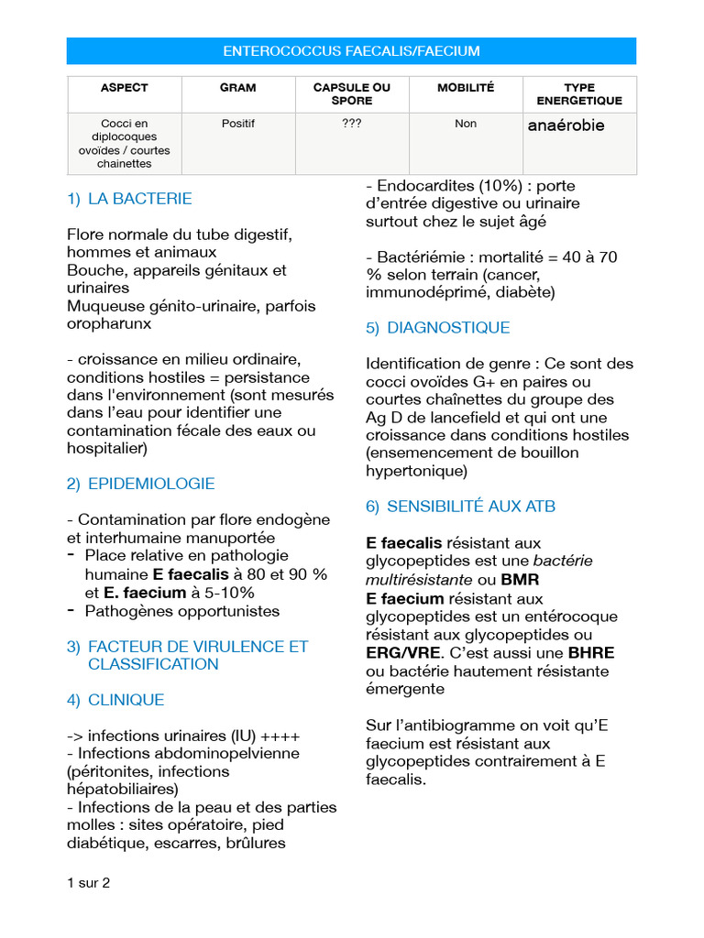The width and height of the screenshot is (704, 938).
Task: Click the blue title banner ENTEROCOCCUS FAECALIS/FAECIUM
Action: [351, 51]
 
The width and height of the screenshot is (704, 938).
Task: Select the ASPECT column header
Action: [124, 88]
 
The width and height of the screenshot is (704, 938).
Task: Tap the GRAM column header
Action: [238, 88]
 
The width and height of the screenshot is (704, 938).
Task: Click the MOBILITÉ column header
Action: [465, 88]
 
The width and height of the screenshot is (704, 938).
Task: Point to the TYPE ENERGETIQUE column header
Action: [578, 94]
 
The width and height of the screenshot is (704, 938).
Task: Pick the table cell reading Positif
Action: [238, 124]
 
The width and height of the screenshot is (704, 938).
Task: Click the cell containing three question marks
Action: [351, 124]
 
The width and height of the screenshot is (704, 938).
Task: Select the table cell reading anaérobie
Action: [566, 125]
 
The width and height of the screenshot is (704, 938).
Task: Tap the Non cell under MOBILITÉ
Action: [465, 124]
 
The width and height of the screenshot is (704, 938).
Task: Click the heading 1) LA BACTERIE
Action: [129, 199]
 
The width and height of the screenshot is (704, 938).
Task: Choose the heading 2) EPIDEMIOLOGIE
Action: [140, 484]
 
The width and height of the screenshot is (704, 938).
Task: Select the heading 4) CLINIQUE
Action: [115, 700]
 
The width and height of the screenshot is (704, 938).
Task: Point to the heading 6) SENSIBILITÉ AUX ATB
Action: [460, 507]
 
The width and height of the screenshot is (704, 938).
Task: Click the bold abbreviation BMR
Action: [521, 580]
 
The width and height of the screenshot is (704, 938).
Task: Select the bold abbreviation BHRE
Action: [591, 653]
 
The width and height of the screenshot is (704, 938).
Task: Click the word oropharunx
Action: [110, 323]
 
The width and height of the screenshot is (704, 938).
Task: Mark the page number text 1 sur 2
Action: [88, 883]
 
